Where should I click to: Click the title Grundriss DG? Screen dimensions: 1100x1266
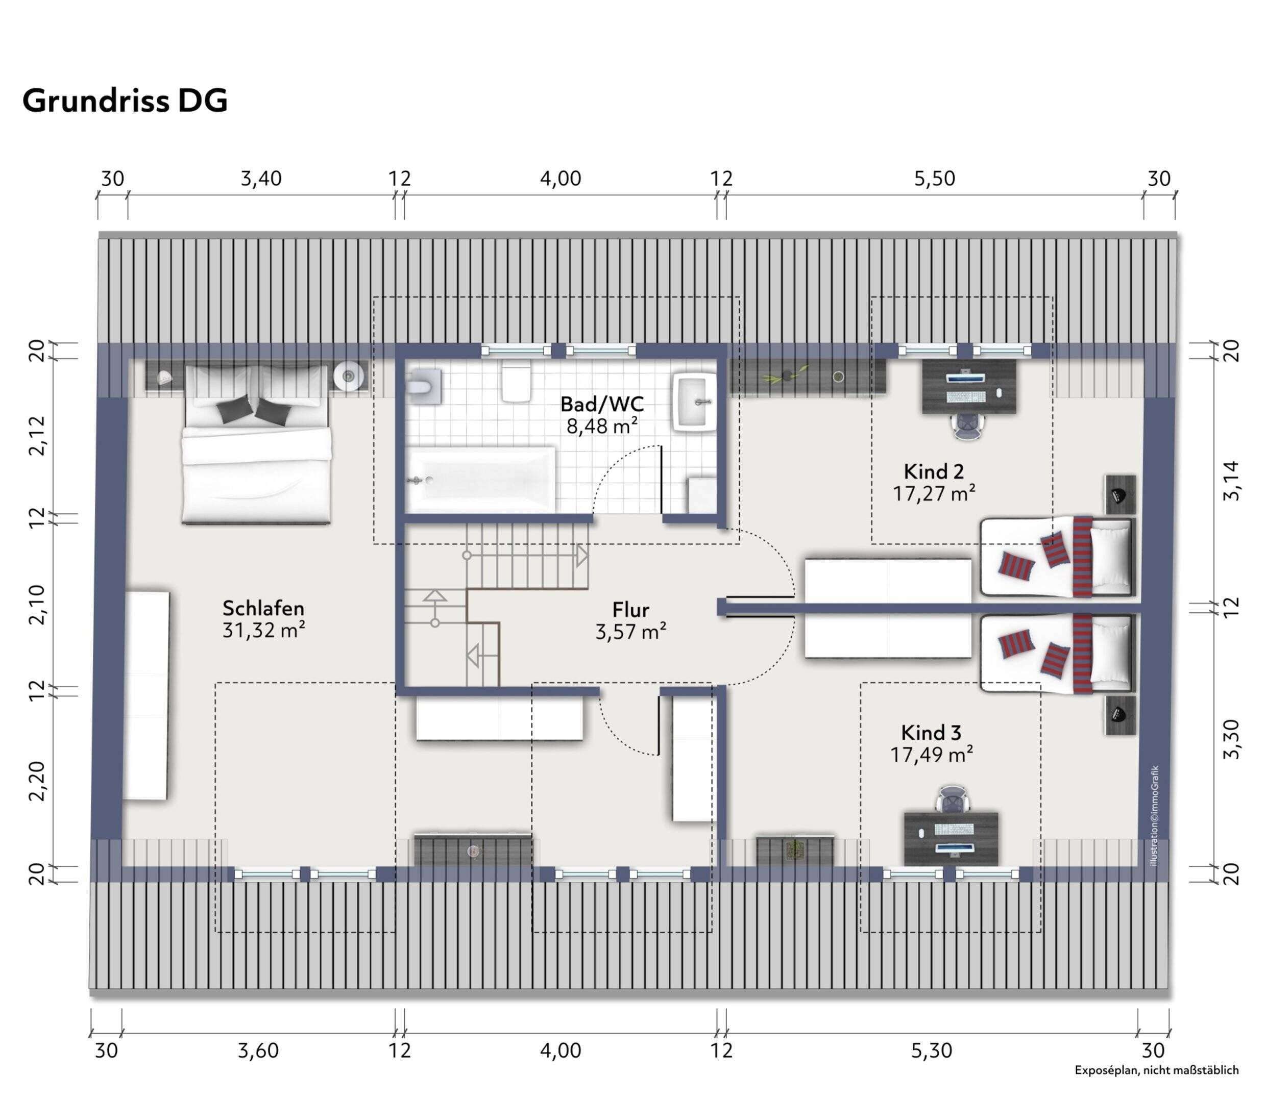tap(125, 101)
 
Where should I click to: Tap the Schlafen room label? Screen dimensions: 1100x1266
tap(263, 608)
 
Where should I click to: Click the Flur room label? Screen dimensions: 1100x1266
tap(630, 610)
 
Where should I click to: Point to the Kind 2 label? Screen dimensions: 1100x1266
tap(933, 471)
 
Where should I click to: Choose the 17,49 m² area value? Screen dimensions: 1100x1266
tap(931, 755)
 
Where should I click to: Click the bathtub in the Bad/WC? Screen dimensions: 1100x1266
tap(482, 480)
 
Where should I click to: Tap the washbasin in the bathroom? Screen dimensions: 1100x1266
tap(695, 403)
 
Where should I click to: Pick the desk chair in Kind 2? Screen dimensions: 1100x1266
tap(969, 425)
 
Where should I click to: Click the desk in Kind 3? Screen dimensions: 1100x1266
tap(951, 838)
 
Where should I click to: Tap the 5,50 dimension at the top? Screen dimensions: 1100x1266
tap(934, 179)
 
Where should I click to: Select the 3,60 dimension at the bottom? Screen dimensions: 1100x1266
tap(258, 1051)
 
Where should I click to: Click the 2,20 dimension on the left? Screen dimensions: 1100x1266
tap(37, 781)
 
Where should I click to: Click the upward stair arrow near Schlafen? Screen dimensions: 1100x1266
tap(435, 595)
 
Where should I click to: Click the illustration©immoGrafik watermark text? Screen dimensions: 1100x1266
tap(1154, 816)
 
